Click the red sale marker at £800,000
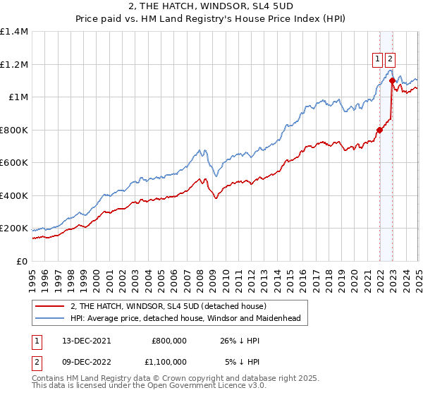tap(379, 130)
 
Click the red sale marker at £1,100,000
tap(392, 81)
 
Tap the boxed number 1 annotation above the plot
tap(378, 59)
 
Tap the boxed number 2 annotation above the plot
tap(390, 59)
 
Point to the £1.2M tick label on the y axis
tap(14, 64)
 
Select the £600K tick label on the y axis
tap(14, 163)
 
